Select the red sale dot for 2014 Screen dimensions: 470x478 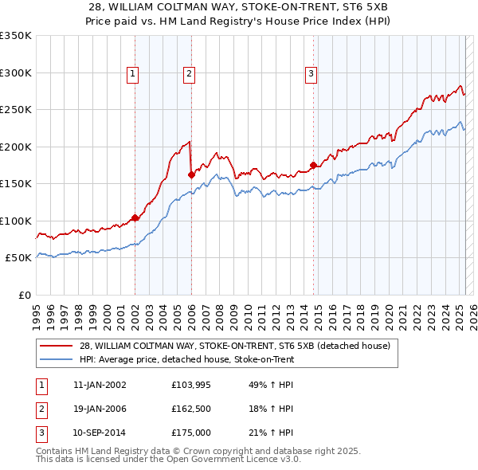[313, 166]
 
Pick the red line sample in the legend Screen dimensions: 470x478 [56, 347]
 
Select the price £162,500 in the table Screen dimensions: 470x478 [191, 409]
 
